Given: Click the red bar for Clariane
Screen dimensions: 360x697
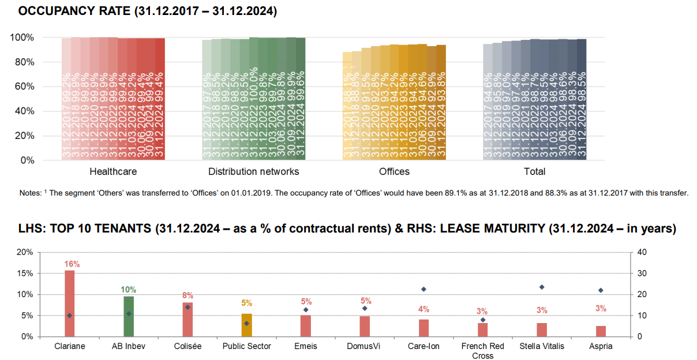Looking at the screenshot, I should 70,303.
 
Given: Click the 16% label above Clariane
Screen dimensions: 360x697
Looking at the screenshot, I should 70,264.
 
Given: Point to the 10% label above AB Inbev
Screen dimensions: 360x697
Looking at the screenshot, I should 129,290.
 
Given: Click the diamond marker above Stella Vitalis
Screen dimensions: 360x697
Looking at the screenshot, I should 542,287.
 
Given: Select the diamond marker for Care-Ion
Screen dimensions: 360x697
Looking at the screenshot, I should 424,289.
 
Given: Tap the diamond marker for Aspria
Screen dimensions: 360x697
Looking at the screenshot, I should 601,290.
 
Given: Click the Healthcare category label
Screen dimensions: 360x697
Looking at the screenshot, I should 113,171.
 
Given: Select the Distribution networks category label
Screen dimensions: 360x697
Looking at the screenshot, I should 253,171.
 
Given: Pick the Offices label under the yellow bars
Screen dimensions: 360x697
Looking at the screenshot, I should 394,171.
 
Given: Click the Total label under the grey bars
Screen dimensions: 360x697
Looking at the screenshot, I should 534,171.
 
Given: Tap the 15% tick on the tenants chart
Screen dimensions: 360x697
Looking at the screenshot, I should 24,273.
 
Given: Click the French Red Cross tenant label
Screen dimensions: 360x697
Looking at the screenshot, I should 483,351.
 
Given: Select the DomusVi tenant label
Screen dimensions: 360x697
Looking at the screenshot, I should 365,346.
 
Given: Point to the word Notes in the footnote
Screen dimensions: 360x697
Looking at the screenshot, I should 30,193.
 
